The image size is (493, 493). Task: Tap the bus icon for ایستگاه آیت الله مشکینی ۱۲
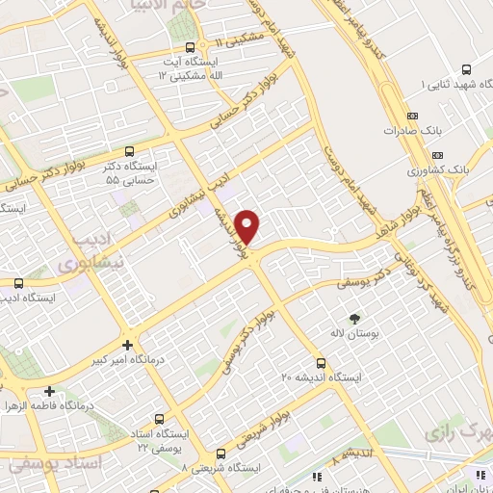[190, 46]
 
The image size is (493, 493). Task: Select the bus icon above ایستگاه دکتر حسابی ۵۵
[131, 151]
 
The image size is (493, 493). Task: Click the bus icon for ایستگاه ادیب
[18, 283]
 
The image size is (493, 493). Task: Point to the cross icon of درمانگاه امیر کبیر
[127, 344]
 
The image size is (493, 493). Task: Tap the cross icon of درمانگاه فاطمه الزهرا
[49, 391]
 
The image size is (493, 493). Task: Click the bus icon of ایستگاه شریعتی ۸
[221, 453]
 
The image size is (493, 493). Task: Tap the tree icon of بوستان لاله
[356, 317]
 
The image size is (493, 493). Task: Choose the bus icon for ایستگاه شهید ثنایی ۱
[466, 69]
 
